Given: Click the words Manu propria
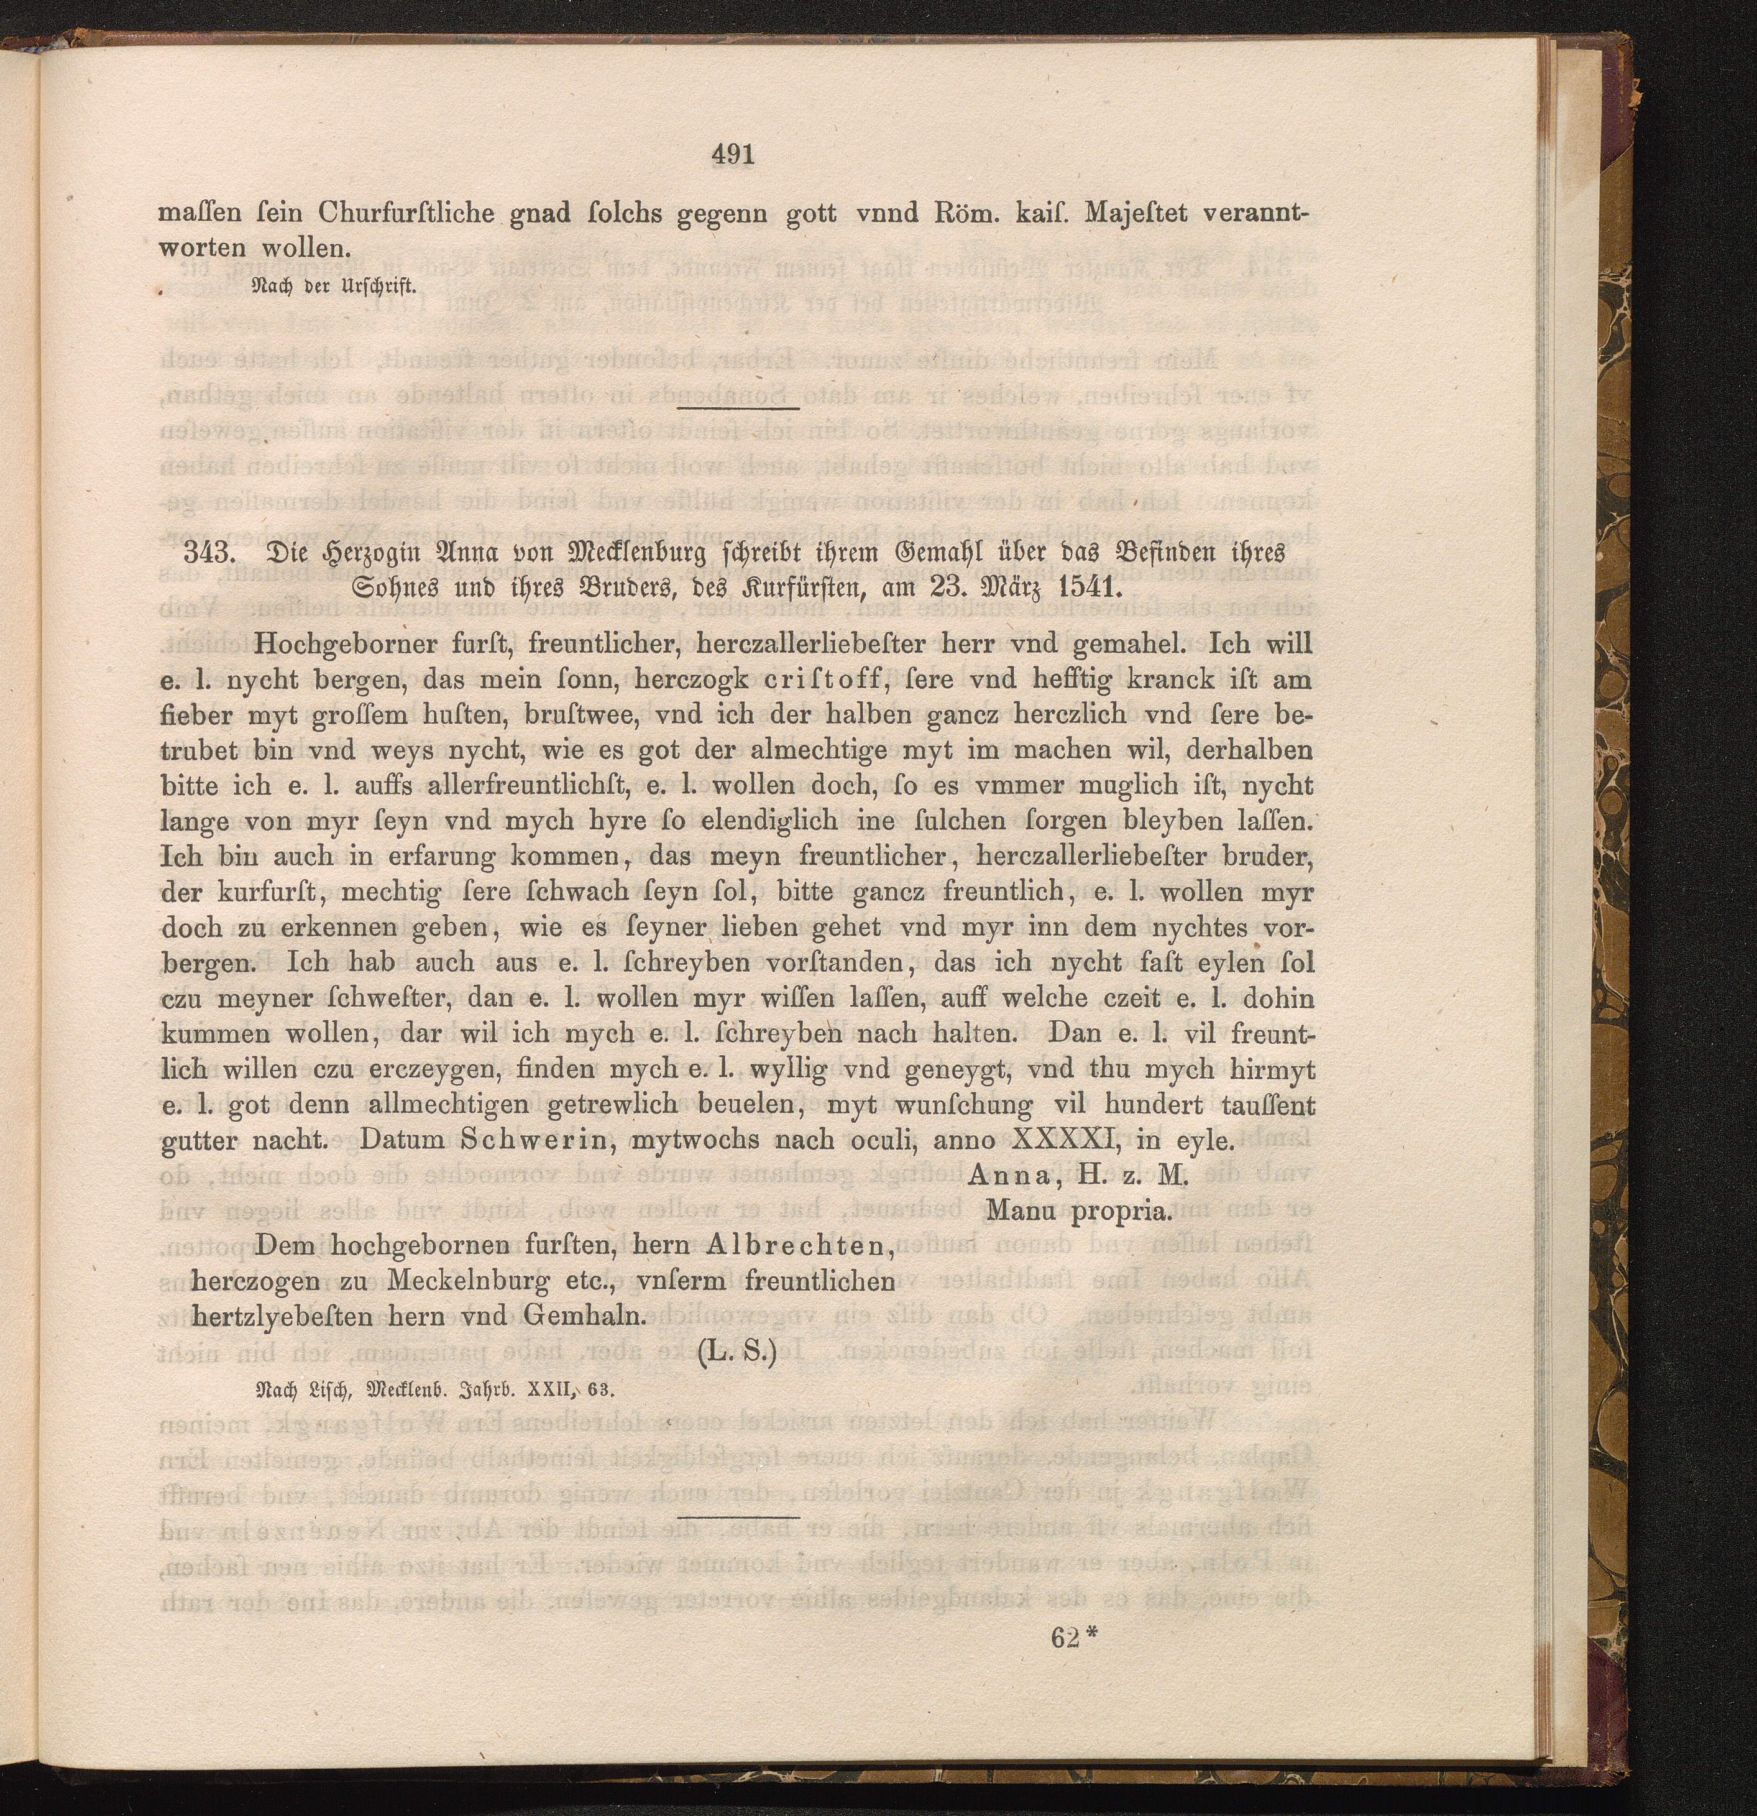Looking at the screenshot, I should [1080, 1211].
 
